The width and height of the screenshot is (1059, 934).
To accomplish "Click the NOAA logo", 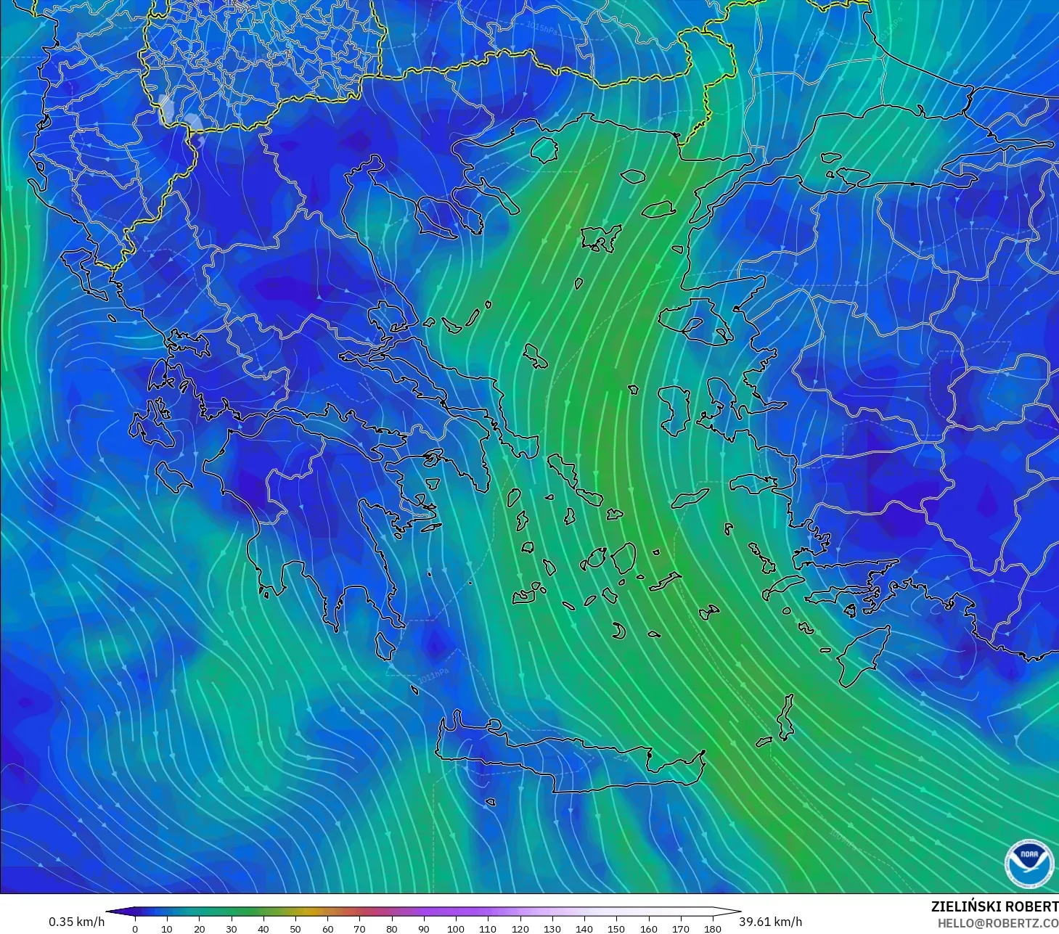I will click(1029, 864).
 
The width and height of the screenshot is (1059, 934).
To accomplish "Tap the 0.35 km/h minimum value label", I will click(76, 922).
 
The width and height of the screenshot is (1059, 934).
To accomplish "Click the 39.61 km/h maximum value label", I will click(771, 922).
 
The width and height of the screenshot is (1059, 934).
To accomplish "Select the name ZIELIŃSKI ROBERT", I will click(994, 906).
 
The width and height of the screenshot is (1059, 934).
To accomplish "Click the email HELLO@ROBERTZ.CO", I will click(998, 923).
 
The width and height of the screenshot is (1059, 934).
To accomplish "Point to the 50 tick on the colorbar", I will click(295, 928).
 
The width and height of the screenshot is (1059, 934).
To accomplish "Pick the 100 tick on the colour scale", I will click(456, 928).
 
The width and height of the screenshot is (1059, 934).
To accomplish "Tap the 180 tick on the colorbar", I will click(713, 928).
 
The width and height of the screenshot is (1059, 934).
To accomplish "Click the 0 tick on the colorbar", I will click(135, 928).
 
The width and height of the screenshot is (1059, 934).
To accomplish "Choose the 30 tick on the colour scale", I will click(232, 928).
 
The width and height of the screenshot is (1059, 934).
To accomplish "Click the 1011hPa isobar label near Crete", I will click(433, 676).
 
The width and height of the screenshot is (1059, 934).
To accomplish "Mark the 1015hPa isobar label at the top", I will click(543, 28).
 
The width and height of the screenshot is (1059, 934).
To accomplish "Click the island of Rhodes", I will click(862, 657).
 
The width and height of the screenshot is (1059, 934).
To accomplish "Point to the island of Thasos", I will click(544, 149).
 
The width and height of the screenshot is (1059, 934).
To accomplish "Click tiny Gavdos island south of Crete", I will click(491, 802).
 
